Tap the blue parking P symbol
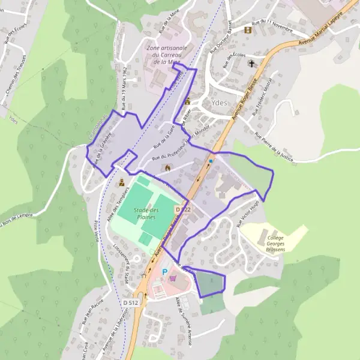click(x=165, y=272)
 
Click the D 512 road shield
click(x=130, y=303)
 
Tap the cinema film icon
click(x=247, y=29)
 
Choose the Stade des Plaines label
click(x=147, y=214)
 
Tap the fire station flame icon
click(x=167, y=167)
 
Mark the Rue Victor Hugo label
click(x=247, y=215)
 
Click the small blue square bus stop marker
click(x=211, y=161)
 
